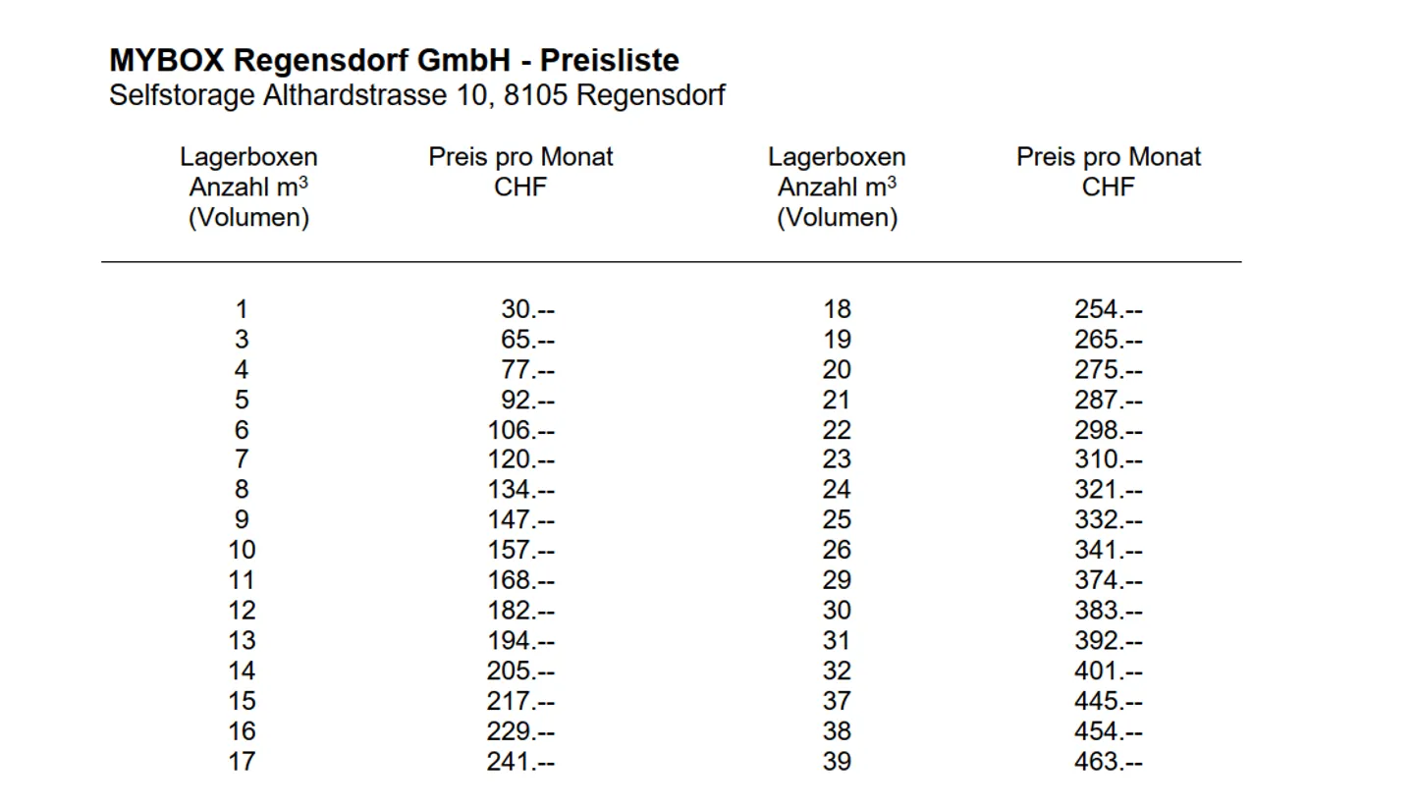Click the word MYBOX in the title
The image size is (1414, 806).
[168, 61]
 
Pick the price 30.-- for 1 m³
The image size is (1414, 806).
[527, 310]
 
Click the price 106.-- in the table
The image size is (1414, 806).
[520, 430]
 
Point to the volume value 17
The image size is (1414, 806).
[242, 762]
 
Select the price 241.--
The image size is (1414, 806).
[520, 762]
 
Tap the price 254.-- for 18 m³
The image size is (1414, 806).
[1109, 310]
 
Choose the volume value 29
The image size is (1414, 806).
[837, 580]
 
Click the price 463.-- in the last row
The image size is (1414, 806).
[1109, 762]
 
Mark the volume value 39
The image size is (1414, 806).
[837, 762]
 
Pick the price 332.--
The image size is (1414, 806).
[1109, 520]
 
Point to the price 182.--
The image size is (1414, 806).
[520, 611]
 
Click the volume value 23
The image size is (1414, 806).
[837, 459]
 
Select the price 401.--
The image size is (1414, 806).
[1109, 672]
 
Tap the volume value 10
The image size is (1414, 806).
[242, 551]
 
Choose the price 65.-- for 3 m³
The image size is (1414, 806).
[527, 341]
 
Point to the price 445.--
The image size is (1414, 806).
[1109, 702]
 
